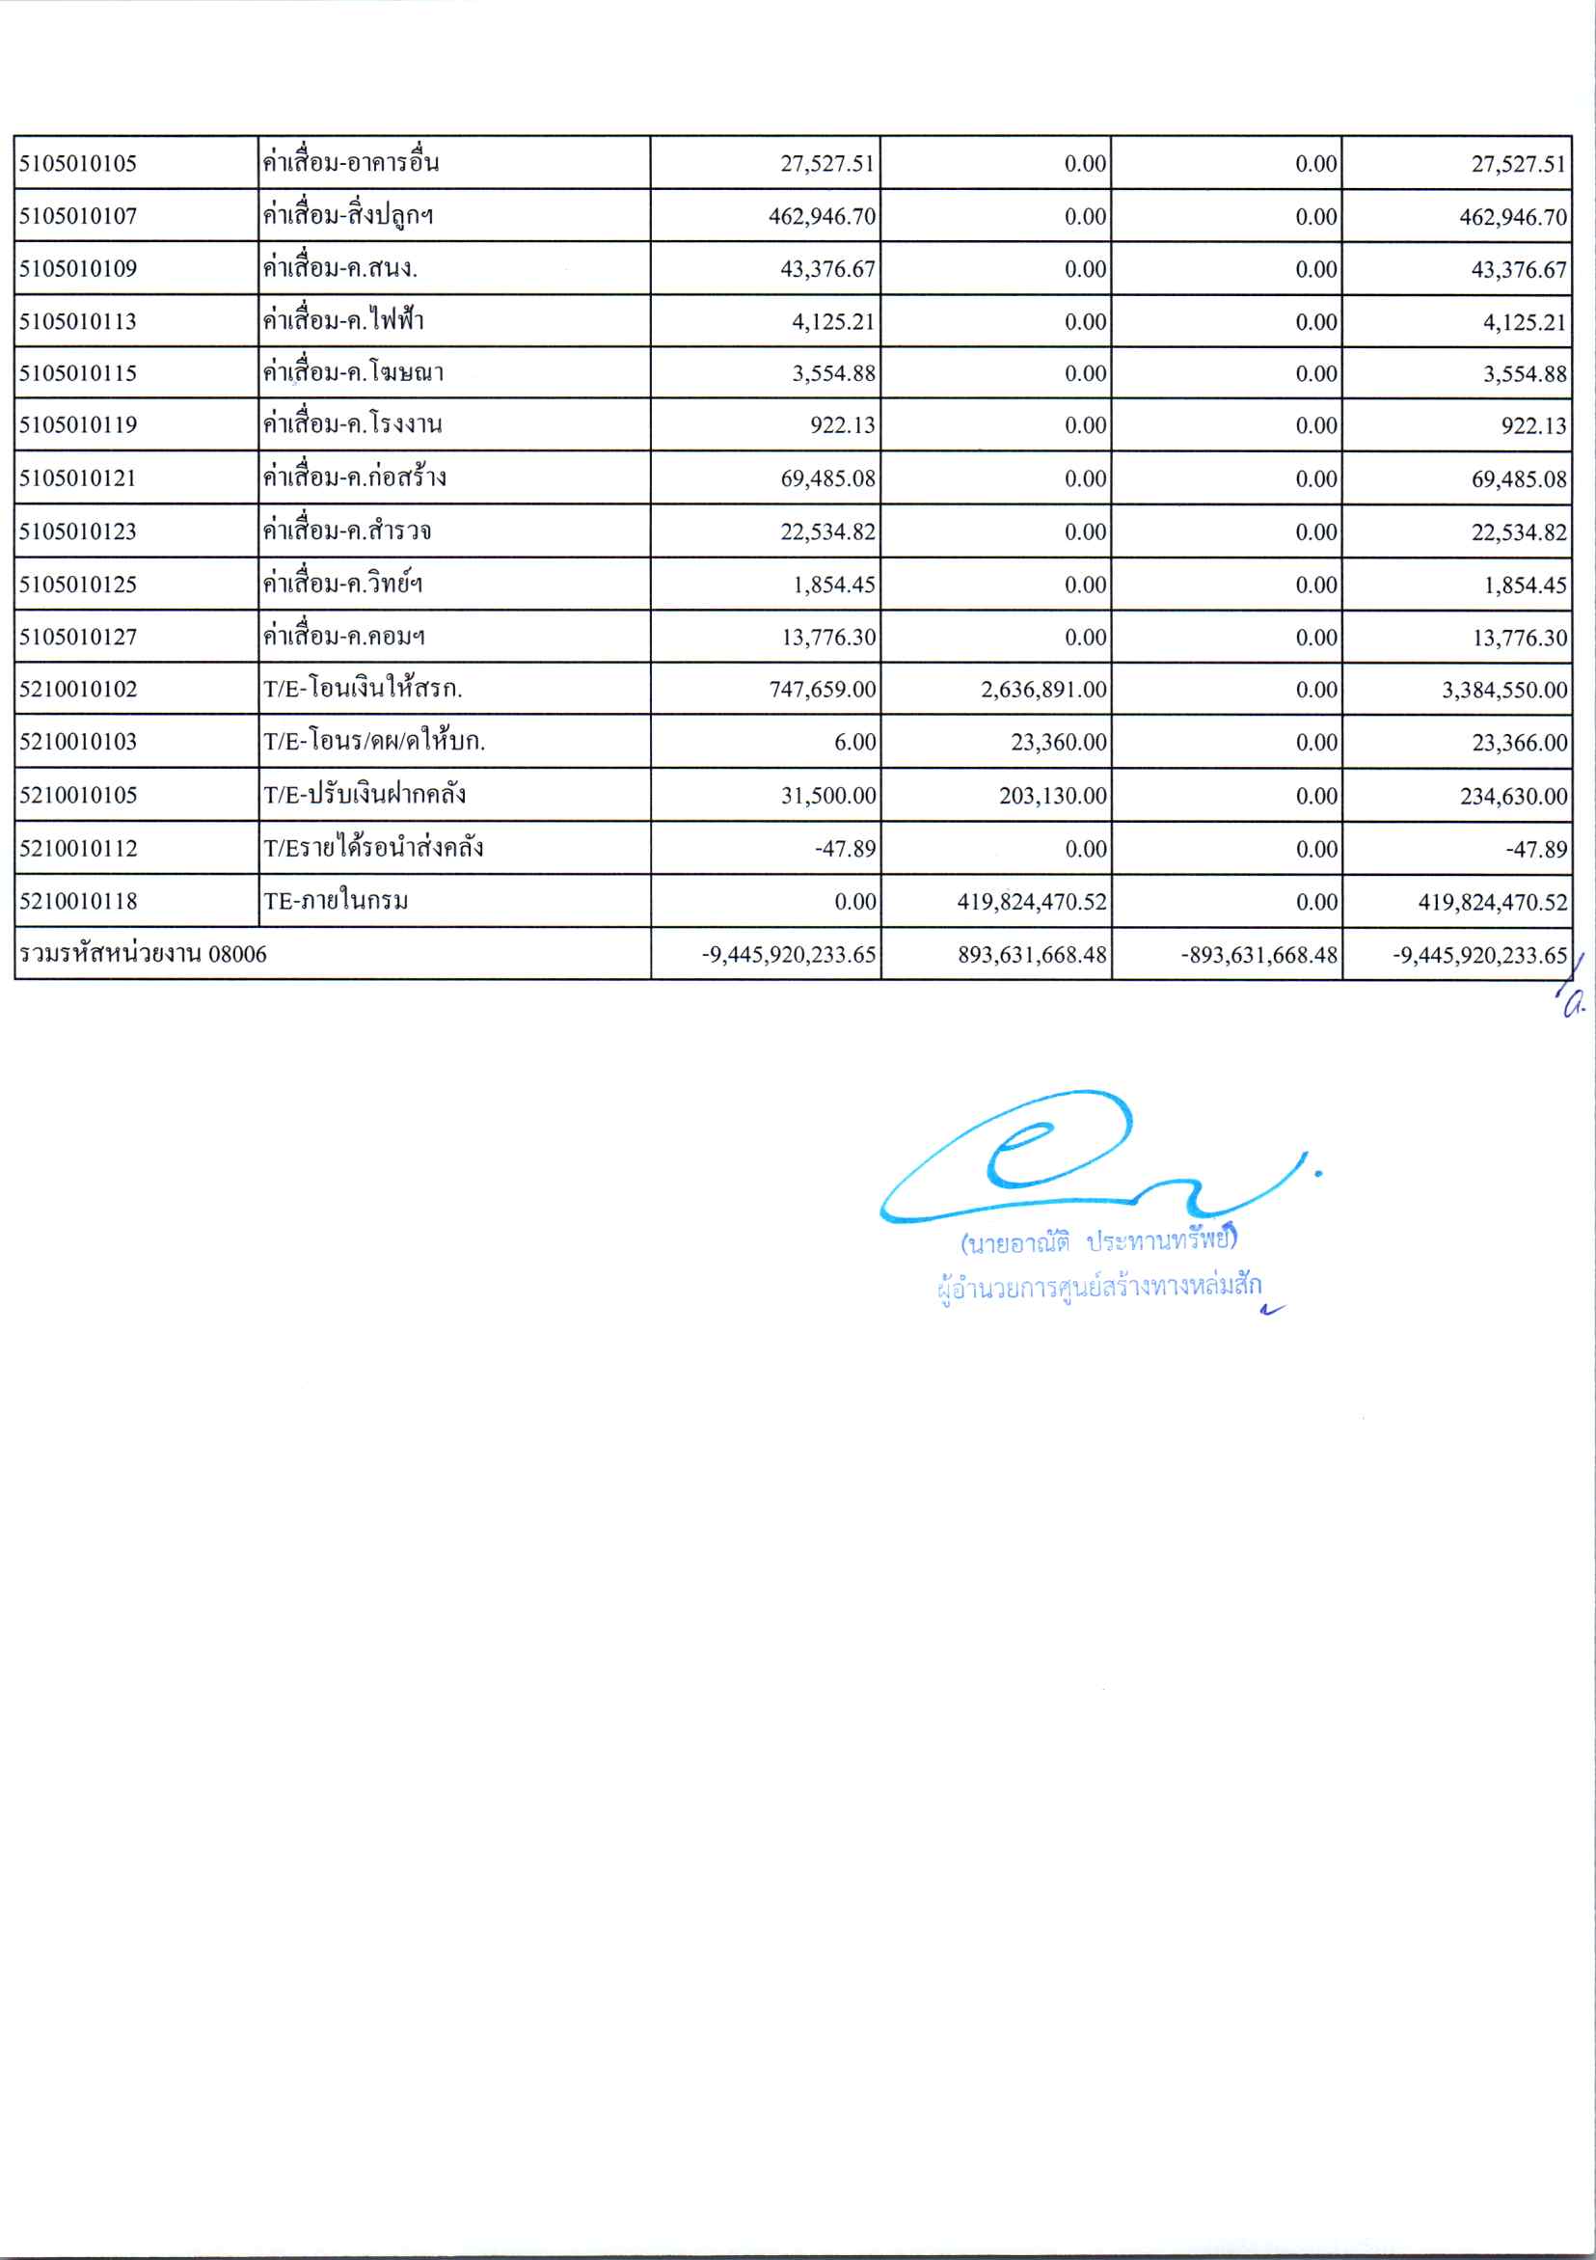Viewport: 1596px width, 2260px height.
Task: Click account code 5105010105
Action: pyautogui.click(x=78, y=163)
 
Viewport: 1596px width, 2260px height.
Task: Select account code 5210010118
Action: pyautogui.click(x=78, y=902)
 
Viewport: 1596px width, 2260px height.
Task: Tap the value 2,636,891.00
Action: pyautogui.click(x=1043, y=690)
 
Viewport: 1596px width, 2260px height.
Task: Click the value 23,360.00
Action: pyautogui.click(x=1058, y=743)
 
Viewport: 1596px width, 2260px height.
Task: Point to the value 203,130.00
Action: pyautogui.click(x=1052, y=797)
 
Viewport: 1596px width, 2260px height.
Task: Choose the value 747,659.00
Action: pyautogui.click(x=822, y=690)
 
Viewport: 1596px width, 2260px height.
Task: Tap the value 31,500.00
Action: pyautogui.click(x=827, y=797)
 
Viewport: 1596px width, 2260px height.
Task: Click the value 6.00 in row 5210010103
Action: pyautogui.click(x=854, y=743)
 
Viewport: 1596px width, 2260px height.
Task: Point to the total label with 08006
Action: pyautogui.click(x=143, y=954)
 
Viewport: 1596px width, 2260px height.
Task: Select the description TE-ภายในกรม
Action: pyautogui.click(x=336, y=902)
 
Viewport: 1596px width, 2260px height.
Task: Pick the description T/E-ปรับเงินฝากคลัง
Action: pyautogui.click(x=365, y=796)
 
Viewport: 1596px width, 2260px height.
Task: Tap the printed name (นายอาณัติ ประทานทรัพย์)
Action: pyautogui.click(x=1098, y=1241)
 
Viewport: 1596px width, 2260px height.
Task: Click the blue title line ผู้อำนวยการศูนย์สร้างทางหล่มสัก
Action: pyautogui.click(x=1098, y=1287)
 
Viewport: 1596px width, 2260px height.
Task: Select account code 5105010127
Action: pyautogui.click(x=78, y=637)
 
